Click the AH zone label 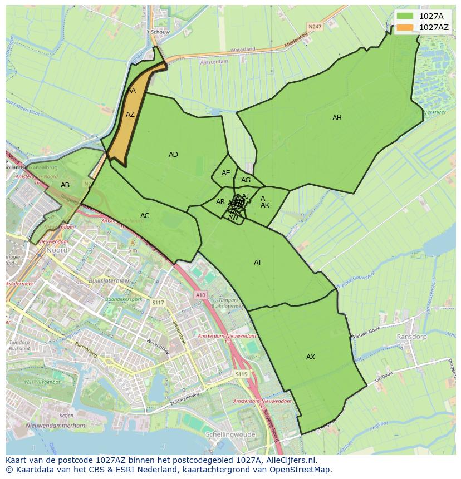point(337,118)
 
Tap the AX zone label point(311,357)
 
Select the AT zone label point(258,263)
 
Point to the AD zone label point(173,155)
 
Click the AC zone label point(145,216)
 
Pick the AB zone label point(65,185)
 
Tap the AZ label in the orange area point(130,115)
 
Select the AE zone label point(225,173)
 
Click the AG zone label point(246,180)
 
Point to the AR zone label point(220,202)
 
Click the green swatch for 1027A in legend point(405,17)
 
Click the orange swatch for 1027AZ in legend point(405,27)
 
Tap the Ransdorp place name point(411,337)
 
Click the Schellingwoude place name point(230,434)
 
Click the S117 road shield point(158,302)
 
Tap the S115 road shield point(241,374)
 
